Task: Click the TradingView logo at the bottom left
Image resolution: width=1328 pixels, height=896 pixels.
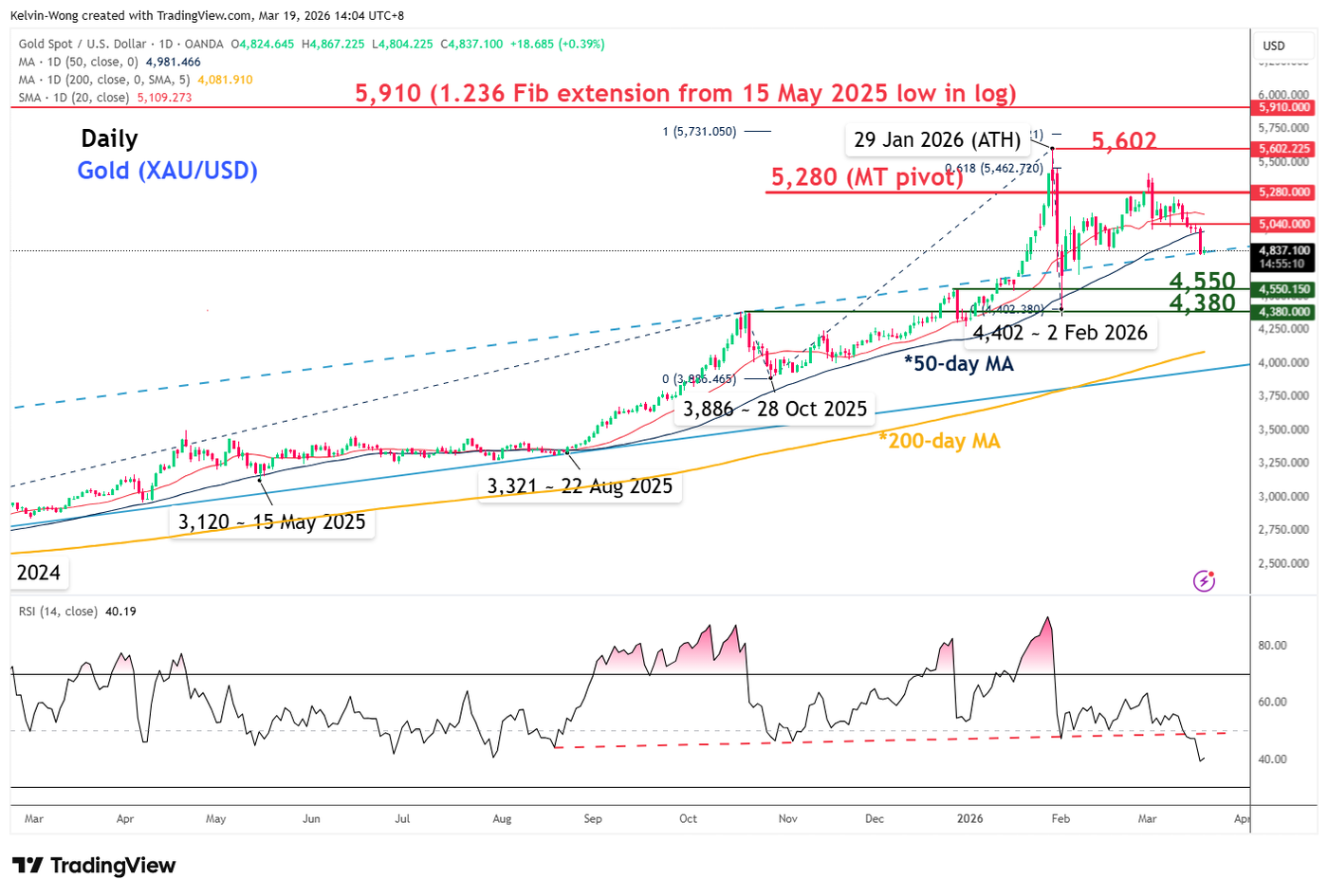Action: (94, 866)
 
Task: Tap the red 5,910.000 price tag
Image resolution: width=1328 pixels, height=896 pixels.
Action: (1284, 108)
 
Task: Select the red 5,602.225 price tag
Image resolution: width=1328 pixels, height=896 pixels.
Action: (1284, 149)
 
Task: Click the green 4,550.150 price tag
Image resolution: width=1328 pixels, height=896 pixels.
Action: (1284, 289)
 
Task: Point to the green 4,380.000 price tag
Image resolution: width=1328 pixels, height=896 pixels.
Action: (1284, 312)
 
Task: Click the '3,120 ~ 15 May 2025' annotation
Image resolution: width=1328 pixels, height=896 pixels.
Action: (271, 522)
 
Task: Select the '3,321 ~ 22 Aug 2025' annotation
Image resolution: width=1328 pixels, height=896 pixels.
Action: (580, 486)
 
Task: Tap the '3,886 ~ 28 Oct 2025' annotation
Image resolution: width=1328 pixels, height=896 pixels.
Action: (775, 410)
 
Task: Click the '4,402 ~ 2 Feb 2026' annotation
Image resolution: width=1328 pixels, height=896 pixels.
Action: (1060, 333)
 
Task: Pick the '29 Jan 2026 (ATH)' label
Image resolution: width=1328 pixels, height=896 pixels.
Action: (937, 140)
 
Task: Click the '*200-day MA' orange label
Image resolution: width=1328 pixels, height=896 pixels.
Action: (939, 441)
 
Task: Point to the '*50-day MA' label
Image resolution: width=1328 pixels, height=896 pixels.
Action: (958, 364)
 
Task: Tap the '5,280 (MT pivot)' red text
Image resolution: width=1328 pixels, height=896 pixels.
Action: (866, 177)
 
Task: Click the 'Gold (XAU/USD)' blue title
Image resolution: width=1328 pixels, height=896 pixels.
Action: (168, 171)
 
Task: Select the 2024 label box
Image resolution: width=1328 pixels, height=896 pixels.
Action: (39, 573)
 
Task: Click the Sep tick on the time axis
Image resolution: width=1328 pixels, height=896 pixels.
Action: (593, 818)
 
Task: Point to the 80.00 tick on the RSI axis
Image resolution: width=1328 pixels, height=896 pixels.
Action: (1272, 646)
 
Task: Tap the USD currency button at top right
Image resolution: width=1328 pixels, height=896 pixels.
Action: (1274, 46)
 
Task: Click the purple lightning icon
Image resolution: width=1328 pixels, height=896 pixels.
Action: (1204, 580)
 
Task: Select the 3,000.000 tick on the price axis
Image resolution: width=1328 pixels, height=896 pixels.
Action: (1284, 497)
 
